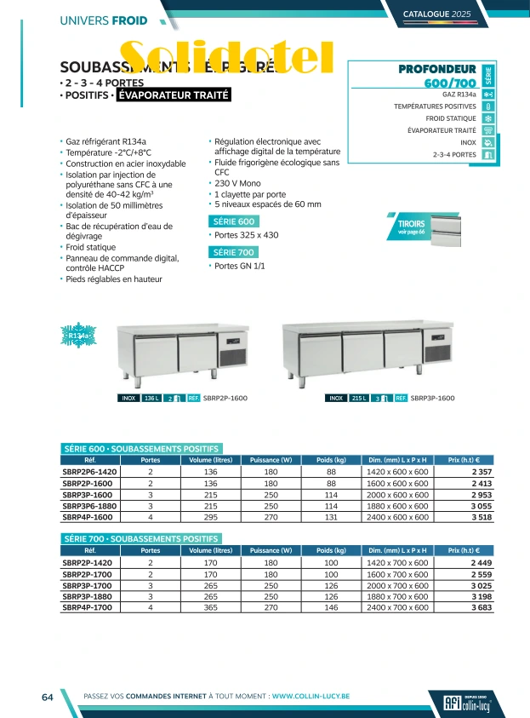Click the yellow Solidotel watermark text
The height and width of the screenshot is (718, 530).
click(x=225, y=58)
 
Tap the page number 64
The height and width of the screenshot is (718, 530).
click(x=48, y=697)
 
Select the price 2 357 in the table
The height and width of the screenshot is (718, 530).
click(x=481, y=471)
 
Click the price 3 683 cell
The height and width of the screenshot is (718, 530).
click(x=481, y=608)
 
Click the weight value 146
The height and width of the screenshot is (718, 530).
click(x=331, y=608)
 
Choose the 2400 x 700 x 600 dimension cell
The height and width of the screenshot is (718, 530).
click(x=396, y=608)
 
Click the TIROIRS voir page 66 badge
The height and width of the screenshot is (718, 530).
click(x=411, y=226)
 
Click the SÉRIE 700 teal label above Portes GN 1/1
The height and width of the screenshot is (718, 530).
click(x=233, y=251)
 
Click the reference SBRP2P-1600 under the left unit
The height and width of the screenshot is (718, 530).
click(x=225, y=398)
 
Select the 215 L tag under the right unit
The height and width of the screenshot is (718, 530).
click(x=359, y=398)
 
